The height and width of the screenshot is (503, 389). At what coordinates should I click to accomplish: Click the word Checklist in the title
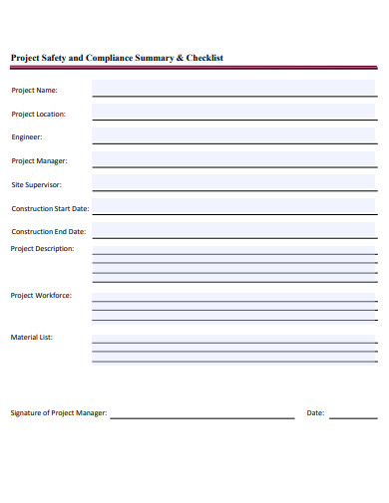pos(206,58)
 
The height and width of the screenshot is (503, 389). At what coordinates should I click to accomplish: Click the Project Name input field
pos(234,89)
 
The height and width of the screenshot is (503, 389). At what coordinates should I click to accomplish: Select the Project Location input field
pos(234,113)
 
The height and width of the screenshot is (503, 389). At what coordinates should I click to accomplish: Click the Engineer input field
pos(234,136)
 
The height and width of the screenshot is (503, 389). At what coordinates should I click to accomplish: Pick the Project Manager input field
pos(234,159)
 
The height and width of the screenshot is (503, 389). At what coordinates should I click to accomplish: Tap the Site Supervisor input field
pos(234,183)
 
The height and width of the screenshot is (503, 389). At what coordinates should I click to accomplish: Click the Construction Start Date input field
pos(234,207)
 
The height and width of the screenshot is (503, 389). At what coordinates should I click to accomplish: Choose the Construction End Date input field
pos(234,230)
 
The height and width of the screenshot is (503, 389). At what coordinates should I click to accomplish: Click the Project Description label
pos(42,249)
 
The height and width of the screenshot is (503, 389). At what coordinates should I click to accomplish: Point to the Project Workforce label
pos(41,296)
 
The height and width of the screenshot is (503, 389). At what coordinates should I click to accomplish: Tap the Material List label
pos(32,338)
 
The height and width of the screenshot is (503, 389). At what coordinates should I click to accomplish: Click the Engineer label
pos(27,137)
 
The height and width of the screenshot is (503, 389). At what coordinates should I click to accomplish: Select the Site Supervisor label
pos(37,185)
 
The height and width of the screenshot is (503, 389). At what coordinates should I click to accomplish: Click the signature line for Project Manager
pos(201,415)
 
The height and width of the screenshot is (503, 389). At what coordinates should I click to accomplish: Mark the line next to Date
pos(353,415)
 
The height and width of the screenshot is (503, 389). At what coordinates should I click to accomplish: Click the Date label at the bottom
pos(315,413)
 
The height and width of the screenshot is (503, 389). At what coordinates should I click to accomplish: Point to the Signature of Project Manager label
pos(59,413)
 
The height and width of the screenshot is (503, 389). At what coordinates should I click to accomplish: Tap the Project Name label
pos(34,91)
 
